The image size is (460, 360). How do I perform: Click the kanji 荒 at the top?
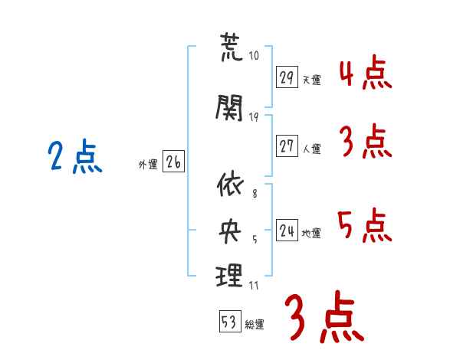pos(231,49)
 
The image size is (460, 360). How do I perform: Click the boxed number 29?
pos(287,77)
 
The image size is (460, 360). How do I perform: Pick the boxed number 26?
pos(173,162)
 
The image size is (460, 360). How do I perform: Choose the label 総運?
pos(255,325)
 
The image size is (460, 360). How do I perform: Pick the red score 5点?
pos(364,227)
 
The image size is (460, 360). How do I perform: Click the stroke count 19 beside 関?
pos(255,116)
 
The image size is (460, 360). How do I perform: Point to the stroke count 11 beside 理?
pos(254,286)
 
